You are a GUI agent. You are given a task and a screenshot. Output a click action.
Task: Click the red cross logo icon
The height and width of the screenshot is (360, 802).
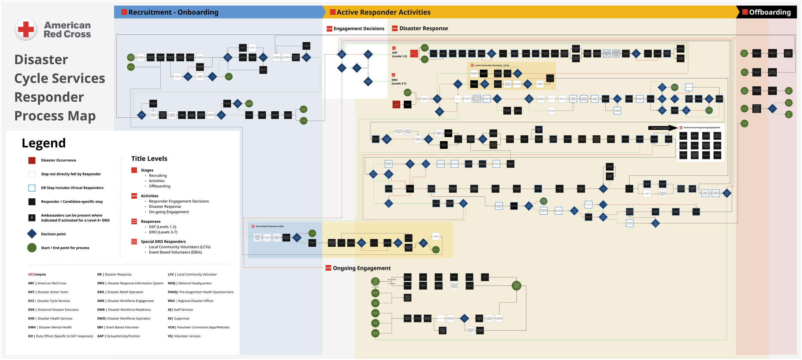[x=26, y=29]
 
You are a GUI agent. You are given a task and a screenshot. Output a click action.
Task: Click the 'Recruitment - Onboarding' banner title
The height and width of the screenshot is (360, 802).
[x=173, y=12]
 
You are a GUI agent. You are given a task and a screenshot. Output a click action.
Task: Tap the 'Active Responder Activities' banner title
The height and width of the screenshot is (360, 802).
[x=383, y=12]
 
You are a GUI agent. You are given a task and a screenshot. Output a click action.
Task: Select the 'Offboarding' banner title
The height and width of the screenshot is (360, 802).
[x=770, y=12]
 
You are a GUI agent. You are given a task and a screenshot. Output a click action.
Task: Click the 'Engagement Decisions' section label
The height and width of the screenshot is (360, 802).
[x=359, y=29]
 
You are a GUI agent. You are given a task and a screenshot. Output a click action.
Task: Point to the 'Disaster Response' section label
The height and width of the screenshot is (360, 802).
[x=423, y=28]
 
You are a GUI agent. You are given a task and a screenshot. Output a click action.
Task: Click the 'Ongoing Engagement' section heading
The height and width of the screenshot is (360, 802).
[x=362, y=268]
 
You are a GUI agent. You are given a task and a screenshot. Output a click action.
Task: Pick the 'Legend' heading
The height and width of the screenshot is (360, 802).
[x=44, y=143]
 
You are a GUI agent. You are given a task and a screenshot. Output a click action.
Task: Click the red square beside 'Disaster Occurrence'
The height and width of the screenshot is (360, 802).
[x=32, y=160]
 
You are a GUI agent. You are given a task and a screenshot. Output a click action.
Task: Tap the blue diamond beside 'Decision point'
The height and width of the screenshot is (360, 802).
[x=32, y=234]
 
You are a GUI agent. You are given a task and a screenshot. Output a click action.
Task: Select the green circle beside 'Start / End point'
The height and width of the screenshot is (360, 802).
[x=32, y=248]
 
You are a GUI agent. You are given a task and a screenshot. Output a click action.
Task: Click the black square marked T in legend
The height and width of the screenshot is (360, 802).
[x=32, y=218]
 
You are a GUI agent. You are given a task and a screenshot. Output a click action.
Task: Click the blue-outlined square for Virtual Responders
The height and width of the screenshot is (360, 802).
[x=32, y=188]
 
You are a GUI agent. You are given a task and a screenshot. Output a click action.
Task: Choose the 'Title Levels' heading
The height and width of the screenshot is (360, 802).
[x=149, y=159]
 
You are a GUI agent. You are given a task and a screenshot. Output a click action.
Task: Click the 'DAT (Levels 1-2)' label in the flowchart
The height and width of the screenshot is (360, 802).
[x=399, y=55]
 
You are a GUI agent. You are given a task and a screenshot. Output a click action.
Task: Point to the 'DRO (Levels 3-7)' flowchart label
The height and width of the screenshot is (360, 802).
[x=399, y=82]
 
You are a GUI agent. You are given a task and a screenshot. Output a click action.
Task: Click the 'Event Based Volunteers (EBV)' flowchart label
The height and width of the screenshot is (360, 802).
[x=269, y=227]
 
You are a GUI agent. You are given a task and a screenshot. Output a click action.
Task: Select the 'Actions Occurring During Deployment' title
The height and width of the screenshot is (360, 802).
[x=702, y=128]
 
